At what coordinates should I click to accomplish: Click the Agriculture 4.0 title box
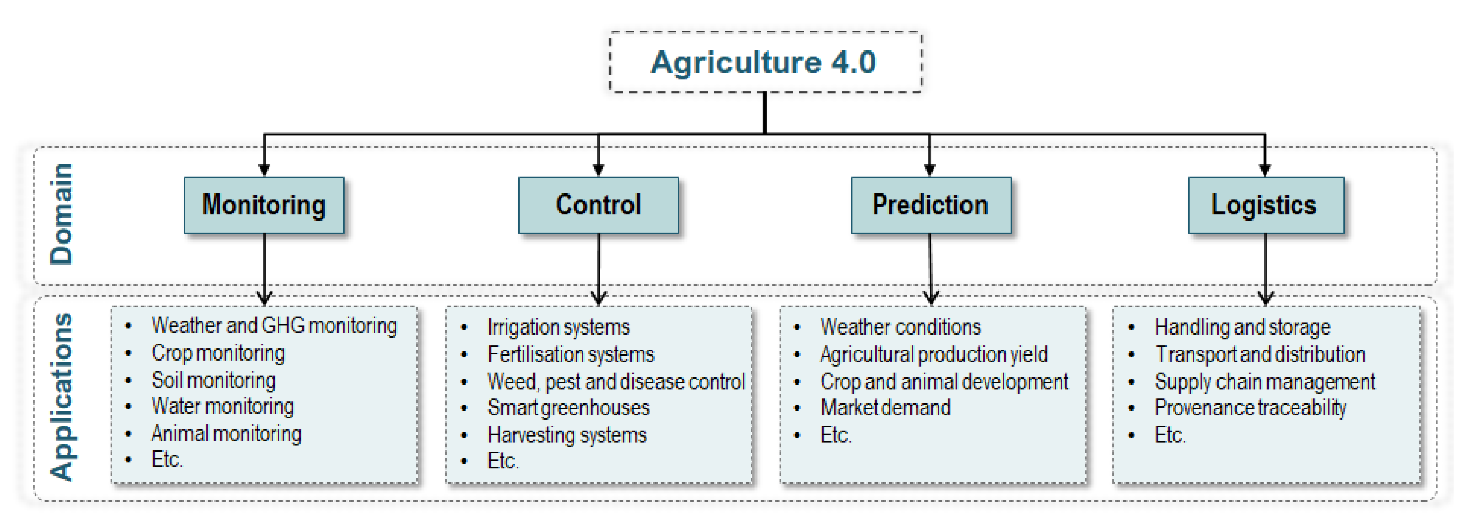coord(765,62)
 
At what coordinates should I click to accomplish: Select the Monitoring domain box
coord(264,205)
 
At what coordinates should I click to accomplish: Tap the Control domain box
coord(598,205)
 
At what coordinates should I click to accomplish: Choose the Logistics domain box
coord(1266,205)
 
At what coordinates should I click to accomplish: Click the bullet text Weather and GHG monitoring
coord(274,325)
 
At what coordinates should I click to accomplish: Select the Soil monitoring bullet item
coord(213,380)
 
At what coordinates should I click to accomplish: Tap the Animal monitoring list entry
coord(226,433)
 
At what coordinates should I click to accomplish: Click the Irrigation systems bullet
coord(558,327)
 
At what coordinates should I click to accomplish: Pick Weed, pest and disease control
coord(616,381)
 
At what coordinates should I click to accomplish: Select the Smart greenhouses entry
coord(569,407)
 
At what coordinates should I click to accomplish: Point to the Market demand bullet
coord(885,407)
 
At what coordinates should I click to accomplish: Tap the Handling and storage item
coord(1242,327)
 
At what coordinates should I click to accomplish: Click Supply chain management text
coord(1264,381)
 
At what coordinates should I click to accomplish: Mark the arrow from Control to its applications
coord(599,268)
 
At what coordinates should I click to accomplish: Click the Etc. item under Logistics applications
coord(1170,435)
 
